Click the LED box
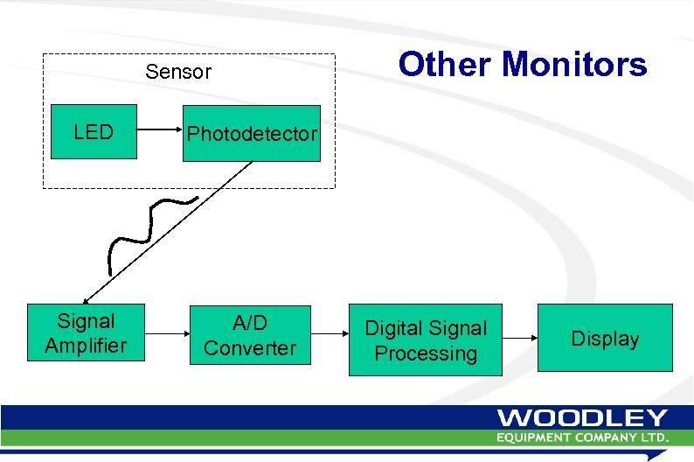pos(94,132)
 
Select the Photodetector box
pos(251,134)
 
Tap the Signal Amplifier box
pos(86,333)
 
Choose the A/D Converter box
pos(250,335)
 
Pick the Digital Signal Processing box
pos(426,340)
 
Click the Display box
pos(605,339)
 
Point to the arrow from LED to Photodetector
pos(159,133)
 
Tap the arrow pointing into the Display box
pos(519,339)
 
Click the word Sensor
pos(178,72)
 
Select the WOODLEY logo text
pos(582,418)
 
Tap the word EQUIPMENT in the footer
pos(537,437)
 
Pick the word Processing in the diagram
pos(426,353)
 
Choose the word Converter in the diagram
pos(250,347)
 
